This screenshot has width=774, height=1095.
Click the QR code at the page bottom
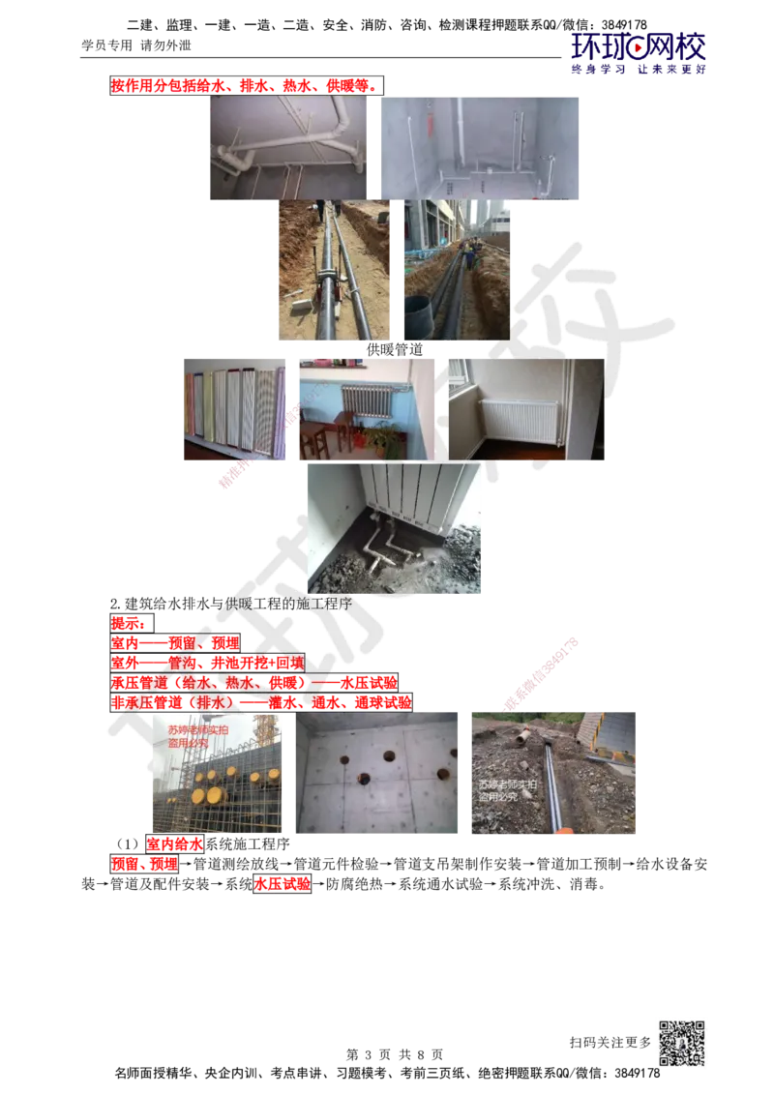(680, 1044)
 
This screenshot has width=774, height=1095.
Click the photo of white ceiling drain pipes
(289, 147)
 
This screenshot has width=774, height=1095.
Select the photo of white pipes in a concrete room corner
(479, 146)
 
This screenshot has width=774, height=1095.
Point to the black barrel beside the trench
(417, 316)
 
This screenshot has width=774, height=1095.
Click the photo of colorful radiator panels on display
(236, 410)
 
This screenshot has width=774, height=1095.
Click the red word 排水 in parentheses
(216, 701)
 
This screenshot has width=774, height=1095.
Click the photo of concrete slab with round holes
(380, 774)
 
